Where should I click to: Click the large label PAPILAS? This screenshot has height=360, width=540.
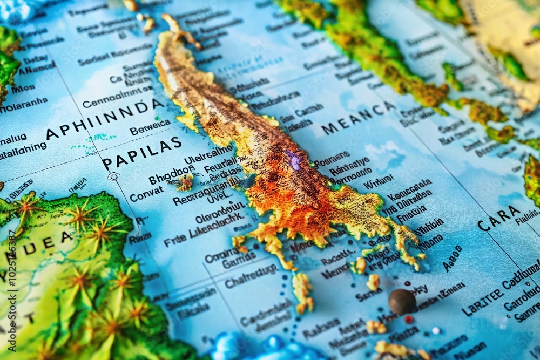[x=141, y=153]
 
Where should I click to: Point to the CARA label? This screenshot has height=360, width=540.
[x=499, y=218]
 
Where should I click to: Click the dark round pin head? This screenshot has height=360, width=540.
[x=402, y=301]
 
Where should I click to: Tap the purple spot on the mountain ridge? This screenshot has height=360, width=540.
[x=295, y=161]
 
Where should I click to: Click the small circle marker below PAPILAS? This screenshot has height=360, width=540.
[x=113, y=176]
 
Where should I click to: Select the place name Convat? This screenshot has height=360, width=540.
[x=146, y=194]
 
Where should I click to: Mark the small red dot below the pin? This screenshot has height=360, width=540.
[x=409, y=319]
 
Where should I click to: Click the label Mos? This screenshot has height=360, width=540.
[x=23, y=89]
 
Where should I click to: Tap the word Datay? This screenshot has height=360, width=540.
[x=35, y=59]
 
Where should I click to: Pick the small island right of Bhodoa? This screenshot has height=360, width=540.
[x=185, y=182]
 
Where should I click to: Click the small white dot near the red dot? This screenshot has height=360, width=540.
[x=435, y=331]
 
